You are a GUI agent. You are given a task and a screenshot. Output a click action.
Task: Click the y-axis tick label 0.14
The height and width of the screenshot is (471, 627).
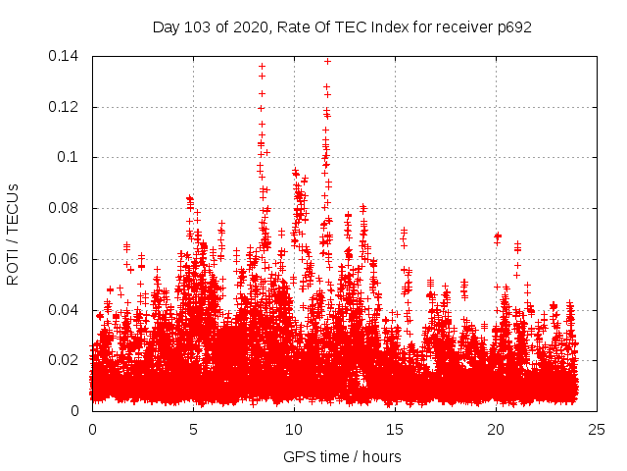[67, 56]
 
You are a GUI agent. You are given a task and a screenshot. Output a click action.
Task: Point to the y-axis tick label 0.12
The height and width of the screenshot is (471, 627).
[67, 107]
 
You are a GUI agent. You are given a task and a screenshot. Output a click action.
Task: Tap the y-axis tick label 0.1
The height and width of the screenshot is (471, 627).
[71, 157]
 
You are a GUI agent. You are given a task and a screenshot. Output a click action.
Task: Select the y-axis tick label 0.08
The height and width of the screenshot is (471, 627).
[67, 208]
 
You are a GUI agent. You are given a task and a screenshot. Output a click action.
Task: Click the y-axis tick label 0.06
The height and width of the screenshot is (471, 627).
[67, 259]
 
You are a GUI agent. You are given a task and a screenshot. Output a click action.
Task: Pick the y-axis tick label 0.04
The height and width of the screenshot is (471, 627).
[67, 310]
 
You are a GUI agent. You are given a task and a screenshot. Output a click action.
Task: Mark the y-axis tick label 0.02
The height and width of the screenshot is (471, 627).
[67, 360]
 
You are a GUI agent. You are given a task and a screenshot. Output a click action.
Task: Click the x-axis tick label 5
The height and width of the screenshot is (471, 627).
[193, 429]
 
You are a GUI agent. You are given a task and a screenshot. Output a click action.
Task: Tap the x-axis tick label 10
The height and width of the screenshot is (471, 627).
[294, 429]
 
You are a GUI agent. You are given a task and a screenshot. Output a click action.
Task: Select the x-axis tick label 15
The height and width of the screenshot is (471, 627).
[395, 429]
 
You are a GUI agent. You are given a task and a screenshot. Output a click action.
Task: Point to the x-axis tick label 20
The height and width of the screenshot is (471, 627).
[497, 429]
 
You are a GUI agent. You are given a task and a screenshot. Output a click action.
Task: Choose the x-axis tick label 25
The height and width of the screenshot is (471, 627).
[598, 429]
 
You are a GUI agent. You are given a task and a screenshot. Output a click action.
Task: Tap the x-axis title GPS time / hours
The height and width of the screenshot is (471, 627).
[342, 456]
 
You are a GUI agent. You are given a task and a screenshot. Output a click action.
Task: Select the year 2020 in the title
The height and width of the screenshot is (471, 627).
[254, 26]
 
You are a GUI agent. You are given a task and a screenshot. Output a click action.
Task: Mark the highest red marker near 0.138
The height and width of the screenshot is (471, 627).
[327, 61]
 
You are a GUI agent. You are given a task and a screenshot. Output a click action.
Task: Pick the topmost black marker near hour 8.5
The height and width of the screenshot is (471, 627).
[262, 66]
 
